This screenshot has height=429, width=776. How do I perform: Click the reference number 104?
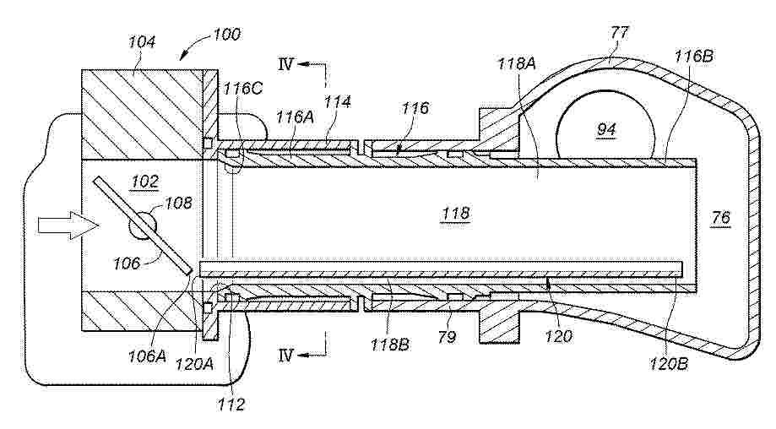point(142,41)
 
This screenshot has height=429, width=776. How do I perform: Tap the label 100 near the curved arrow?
point(226,35)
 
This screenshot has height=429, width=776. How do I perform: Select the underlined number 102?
point(145,182)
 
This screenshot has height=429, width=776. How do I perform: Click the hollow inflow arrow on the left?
point(68,225)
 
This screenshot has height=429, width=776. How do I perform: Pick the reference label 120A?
point(195,364)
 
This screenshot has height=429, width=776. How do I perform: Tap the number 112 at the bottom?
point(231,405)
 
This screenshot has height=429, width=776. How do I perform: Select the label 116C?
point(242,89)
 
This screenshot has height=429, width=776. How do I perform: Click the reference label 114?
point(338,102)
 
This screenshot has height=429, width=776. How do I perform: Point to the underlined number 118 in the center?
point(456,214)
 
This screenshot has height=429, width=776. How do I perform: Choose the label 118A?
point(517,63)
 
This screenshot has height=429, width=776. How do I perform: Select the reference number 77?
point(619,33)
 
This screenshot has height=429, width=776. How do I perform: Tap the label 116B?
point(694,56)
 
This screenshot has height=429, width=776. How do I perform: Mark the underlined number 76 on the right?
point(720,218)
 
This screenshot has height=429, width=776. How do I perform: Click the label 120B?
point(669,363)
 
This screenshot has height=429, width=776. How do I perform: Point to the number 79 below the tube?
point(447,337)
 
